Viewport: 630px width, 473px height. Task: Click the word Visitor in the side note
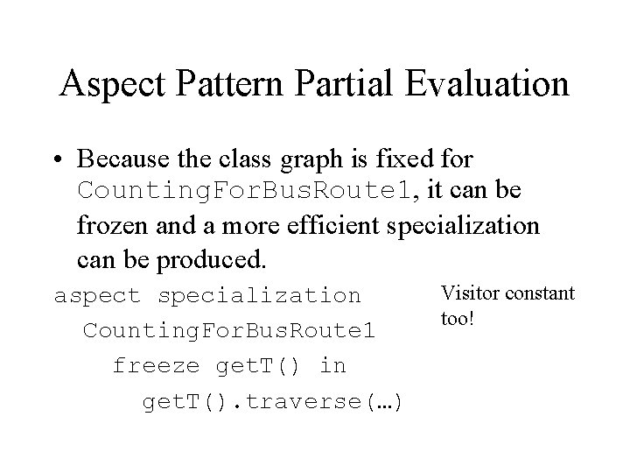[467, 293]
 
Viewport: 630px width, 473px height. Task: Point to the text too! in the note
[458, 317]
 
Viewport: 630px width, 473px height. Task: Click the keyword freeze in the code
[157, 365]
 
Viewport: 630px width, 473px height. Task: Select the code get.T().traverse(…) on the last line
[272, 402]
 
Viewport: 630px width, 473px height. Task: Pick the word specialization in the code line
[259, 296]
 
